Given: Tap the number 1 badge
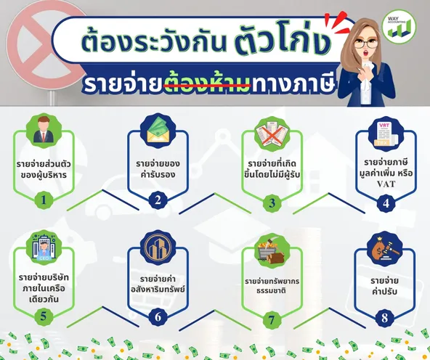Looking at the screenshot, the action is tap(44, 200).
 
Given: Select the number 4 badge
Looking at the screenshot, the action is tap(386, 203).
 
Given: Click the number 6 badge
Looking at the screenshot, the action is tap(158, 317).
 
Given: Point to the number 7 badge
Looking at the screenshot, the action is tap(272, 320).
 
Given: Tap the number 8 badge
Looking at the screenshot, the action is tap(384, 318).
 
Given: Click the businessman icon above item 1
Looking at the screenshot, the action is tap(44, 131).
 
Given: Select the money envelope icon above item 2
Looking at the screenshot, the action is tap(158, 131).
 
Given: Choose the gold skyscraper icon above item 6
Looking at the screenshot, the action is tap(158, 247).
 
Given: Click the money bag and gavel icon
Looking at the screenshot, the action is tap(384, 249).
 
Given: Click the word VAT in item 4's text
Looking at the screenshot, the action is tap(386, 184).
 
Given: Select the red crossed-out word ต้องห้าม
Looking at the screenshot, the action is tap(207, 82).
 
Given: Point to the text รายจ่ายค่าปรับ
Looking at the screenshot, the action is tap(384, 286).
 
